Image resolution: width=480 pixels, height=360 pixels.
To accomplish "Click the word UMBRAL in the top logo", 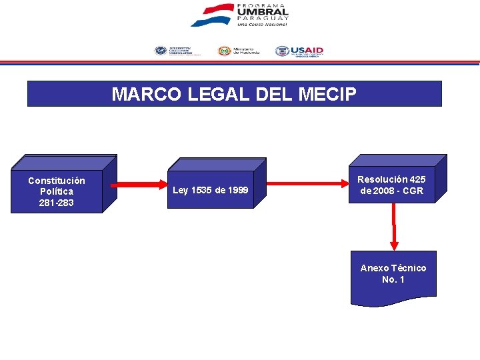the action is (x=262, y=11).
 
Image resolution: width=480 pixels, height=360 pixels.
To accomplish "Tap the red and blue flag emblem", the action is (x=211, y=15).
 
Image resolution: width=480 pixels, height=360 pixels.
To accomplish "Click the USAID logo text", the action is (x=307, y=50).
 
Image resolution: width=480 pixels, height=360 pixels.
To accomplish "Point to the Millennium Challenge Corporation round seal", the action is (x=161, y=51).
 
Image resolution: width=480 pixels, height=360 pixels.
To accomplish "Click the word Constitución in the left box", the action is (x=57, y=181).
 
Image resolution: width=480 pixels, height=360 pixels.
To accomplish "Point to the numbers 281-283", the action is (x=57, y=202).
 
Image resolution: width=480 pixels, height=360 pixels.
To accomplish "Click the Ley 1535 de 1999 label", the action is (x=210, y=191).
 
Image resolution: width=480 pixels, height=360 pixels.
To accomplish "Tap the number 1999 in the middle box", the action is (x=237, y=191).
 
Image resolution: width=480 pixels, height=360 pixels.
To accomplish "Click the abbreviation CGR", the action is (x=413, y=191).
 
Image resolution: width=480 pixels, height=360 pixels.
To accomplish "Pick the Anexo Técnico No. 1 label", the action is (x=393, y=273).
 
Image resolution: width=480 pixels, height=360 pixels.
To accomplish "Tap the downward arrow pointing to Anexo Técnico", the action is (x=394, y=227).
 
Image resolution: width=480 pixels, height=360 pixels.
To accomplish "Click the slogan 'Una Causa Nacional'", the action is (x=262, y=24).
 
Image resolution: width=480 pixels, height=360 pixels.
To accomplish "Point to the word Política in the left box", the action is (x=57, y=191).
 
